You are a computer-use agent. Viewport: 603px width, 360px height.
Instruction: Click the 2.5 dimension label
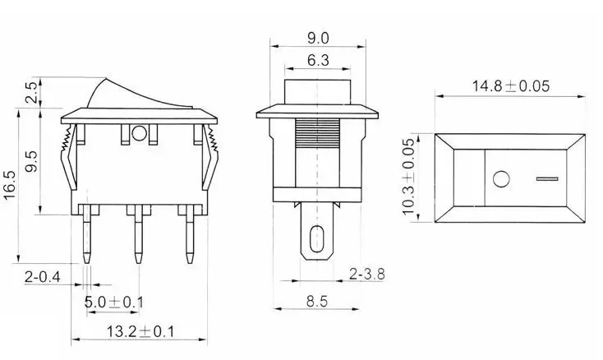click(x=30, y=92)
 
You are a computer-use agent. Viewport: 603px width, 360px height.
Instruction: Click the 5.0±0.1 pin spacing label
click(x=114, y=302)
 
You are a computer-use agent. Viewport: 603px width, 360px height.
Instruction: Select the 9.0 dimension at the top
click(x=317, y=38)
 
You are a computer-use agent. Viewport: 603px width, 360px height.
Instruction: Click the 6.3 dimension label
click(x=317, y=59)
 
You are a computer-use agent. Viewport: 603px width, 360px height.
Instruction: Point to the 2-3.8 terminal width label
click(x=366, y=272)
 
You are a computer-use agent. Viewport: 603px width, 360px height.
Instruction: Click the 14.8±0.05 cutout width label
click(x=509, y=85)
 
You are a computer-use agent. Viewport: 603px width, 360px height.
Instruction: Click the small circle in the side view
click(x=138, y=132)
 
